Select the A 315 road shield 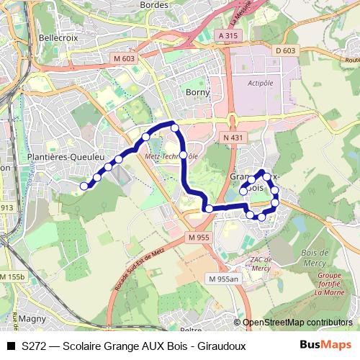pos(227,35)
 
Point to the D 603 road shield pos(286,50)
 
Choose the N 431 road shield pos(233,138)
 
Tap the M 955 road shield pos(198,237)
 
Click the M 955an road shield pos(223,279)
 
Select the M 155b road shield pos(12,276)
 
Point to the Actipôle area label pos(260,84)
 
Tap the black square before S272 pos(10,345)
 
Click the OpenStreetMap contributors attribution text pos(297,323)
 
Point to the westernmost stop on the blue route pos(84,186)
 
